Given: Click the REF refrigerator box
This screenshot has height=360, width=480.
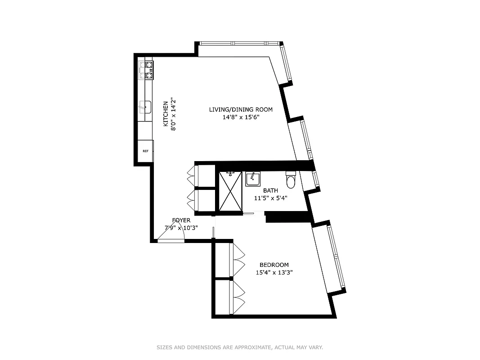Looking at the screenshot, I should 145,151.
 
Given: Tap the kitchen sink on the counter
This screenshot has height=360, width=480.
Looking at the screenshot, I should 145,107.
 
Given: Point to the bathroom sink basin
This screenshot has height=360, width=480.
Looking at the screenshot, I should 252,179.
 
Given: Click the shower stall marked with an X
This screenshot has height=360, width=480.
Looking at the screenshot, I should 230,191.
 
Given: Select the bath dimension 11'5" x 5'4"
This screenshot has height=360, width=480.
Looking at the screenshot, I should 271,198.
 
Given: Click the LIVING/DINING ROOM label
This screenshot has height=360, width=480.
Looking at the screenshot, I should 241,109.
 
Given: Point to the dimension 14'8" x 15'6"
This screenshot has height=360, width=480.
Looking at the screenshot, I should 241,117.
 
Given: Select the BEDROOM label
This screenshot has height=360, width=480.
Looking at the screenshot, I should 274,265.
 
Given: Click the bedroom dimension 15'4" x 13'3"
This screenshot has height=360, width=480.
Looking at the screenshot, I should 274,272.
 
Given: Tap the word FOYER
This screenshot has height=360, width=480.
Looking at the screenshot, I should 181,220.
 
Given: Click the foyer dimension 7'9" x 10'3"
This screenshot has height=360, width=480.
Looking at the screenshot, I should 181,228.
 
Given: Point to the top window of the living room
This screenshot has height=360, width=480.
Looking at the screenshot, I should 239,44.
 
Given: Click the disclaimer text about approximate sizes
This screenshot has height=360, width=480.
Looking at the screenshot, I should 240,347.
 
